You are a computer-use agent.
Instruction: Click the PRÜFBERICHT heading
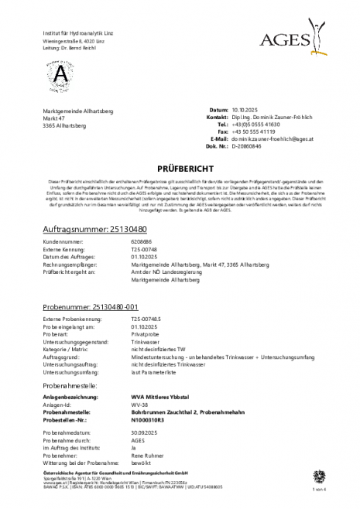[179, 166]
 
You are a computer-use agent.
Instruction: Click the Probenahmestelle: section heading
[74, 363]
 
